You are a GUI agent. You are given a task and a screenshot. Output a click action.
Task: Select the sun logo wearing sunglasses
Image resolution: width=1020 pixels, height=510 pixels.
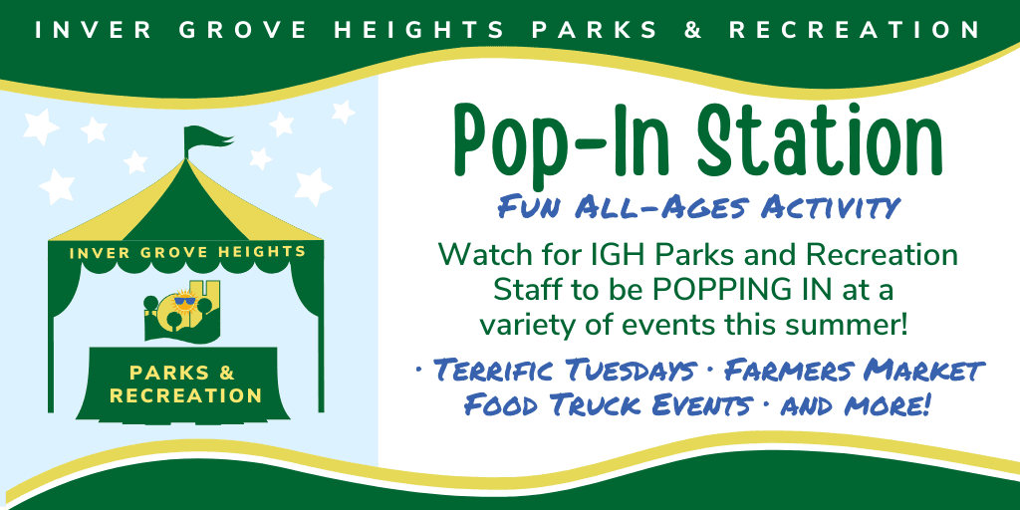click(182, 300)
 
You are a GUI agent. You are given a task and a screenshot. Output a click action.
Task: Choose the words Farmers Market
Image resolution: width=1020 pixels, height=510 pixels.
click(854, 372)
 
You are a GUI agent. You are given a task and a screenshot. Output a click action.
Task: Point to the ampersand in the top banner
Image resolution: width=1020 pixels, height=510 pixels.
click(695, 30)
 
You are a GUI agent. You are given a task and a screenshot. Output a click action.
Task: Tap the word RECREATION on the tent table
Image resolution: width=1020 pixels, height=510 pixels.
click(186, 395)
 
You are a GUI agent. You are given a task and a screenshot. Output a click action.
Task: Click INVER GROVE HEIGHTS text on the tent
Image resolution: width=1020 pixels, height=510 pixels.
click(188, 252)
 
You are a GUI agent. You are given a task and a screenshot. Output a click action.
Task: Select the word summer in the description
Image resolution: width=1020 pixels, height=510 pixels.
click(857, 325)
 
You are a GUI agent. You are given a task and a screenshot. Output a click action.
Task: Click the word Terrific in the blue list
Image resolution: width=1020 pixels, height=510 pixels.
click(487, 372)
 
